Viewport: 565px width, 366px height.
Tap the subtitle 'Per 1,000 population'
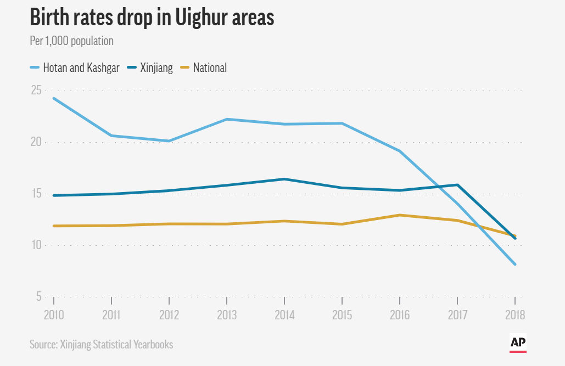coord(71,41)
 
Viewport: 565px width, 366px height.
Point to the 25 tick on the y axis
coord(36,90)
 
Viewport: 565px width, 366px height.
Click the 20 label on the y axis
coord(36,142)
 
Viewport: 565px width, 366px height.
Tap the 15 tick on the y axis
coord(36,194)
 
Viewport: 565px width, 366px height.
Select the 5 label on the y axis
coord(38,297)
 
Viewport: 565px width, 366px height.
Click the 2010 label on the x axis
coord(54,316)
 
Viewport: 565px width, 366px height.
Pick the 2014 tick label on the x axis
coord(284,316)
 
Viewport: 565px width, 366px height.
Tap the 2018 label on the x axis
coord(514,316)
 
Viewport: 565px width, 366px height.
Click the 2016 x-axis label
coord(399,316)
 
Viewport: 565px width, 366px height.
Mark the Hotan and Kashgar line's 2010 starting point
coord(54,98)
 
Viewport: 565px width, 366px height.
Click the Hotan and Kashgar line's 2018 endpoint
coord(514,264)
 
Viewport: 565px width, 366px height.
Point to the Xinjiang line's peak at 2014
coord(284,179)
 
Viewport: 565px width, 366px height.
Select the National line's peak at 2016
coord(399,215)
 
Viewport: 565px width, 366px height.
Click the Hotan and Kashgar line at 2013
coord(227,119)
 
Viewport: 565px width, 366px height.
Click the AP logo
coord(518,342)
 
